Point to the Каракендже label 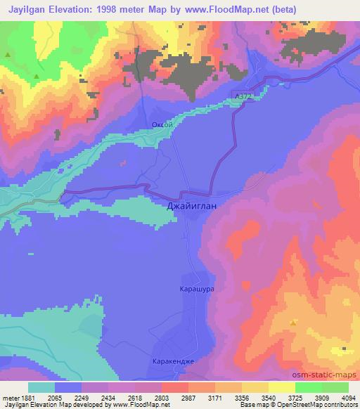(172, 362)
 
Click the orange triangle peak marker (294, 323)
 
